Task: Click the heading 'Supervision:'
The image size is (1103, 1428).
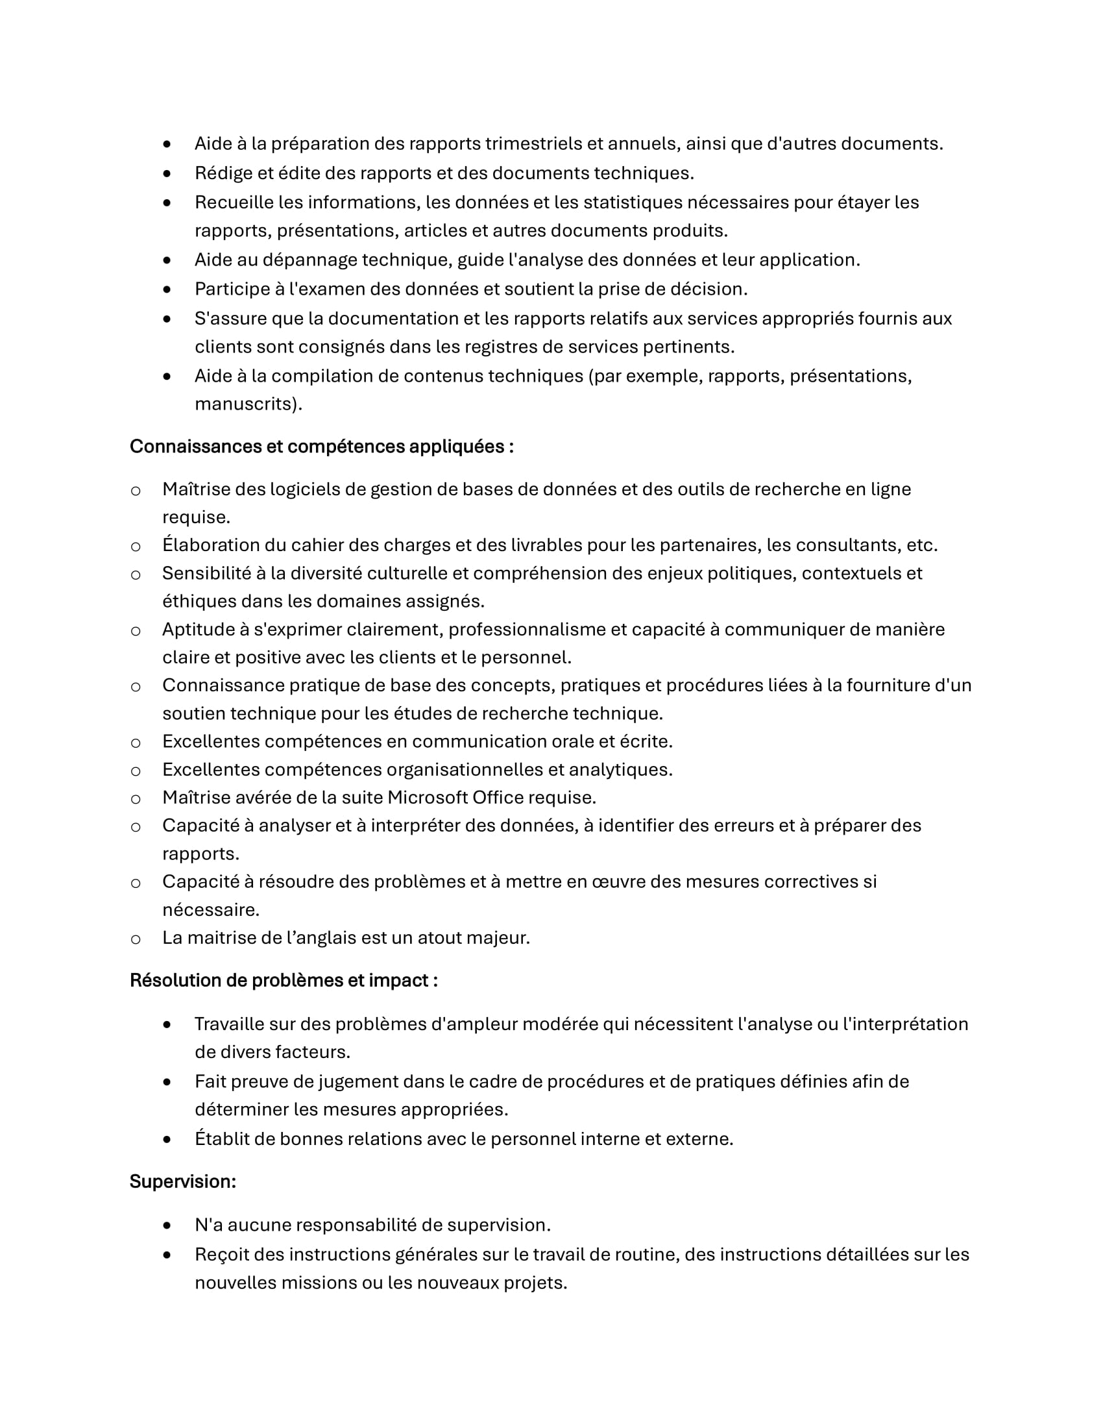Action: click(182, 1181)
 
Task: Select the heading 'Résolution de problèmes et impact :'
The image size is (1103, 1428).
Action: click(284, 980)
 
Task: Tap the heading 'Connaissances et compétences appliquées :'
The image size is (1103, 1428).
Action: click(321, 447)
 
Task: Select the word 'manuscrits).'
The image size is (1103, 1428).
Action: click(248, 404)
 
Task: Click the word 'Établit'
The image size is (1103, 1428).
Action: click(222, 1139)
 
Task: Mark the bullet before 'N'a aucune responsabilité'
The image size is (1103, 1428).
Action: click(167, 1225)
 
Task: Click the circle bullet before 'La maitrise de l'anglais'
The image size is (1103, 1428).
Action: click(135, 940)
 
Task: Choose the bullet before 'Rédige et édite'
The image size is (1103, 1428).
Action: click(167, 173)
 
